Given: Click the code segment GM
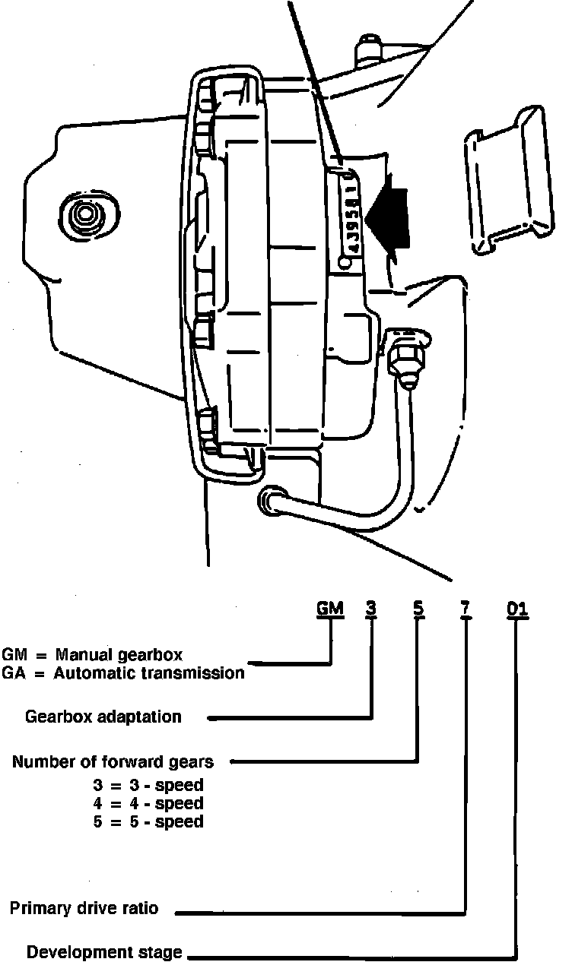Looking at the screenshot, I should (x=330, y=609).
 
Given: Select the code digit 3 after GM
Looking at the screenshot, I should (x=371, y=609).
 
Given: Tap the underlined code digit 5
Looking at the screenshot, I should (x=418, y=609).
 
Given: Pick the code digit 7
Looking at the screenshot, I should (x=466, y=609).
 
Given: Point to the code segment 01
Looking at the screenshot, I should (x=517, y=609).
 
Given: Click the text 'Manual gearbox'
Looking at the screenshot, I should (x=119, y=654).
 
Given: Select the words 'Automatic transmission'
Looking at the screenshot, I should (x=149, y=672).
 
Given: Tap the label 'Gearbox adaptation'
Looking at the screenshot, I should (x=103, y=717).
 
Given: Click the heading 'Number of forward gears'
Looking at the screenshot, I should (x=113, y=761).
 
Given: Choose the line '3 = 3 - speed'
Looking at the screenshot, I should (x=148, y=785).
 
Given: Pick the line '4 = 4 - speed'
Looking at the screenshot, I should (x=148, y=803).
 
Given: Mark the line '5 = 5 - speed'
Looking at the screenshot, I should (x=148, y=821).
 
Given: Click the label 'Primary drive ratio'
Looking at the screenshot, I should (x=84, y=908).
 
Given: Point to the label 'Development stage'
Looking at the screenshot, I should (x=105, y=952).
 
